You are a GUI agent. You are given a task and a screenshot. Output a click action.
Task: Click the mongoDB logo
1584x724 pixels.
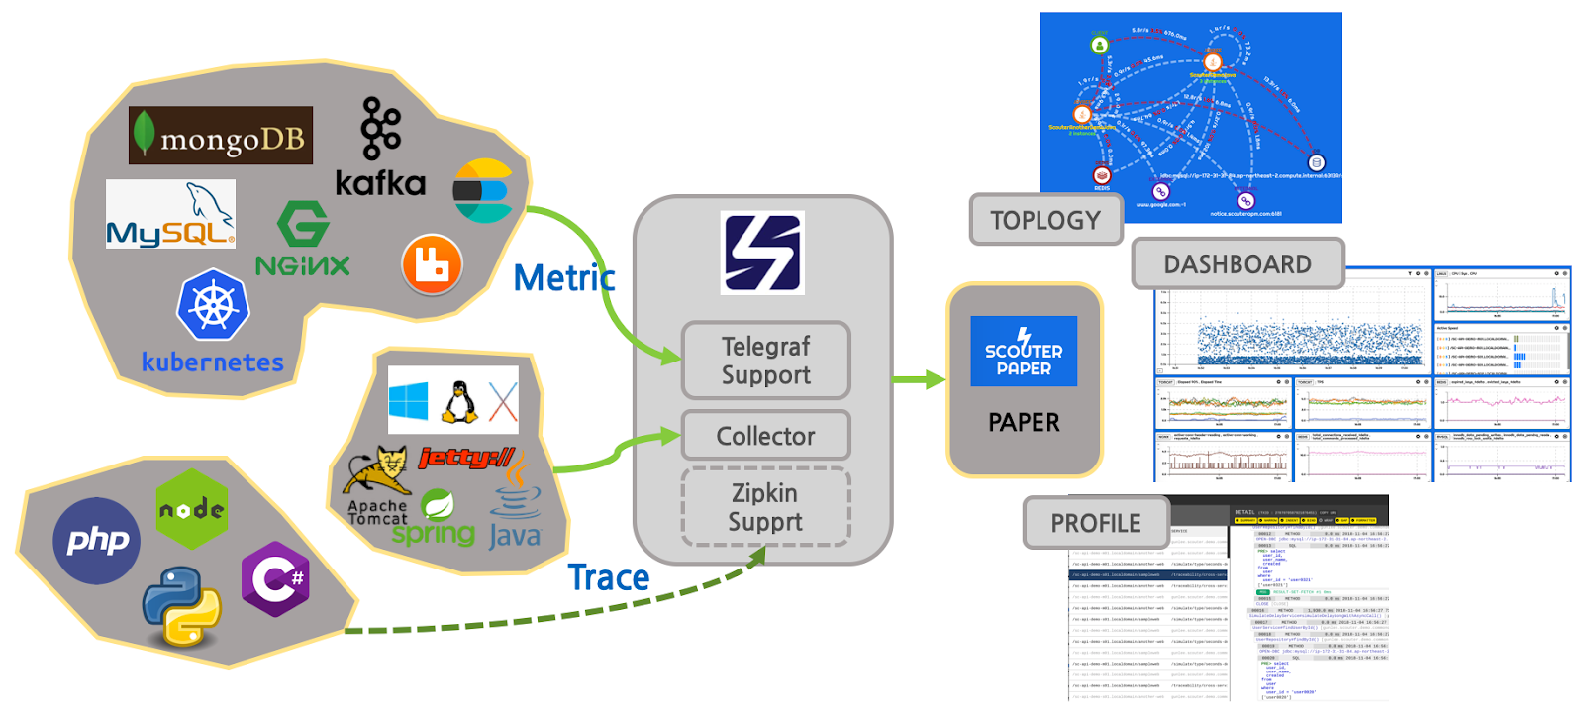tap(220, 136)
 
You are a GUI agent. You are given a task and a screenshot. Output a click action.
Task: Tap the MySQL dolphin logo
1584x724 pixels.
tap(170, 214)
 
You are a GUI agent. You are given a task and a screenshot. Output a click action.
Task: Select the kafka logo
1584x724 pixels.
tap(380, 149)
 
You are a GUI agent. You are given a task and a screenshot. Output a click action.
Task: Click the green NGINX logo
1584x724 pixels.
tap(302, 239)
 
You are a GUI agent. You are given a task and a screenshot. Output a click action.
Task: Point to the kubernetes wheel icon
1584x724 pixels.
tap(213, 304)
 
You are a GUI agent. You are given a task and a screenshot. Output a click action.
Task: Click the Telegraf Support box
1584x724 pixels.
tap(765, 361)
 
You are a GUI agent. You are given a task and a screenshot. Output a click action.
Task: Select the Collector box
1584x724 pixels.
tap(765, 436)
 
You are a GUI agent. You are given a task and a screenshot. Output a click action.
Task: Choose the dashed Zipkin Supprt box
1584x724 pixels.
tap(765, 507)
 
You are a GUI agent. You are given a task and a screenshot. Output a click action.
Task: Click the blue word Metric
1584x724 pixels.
tap(563, 278)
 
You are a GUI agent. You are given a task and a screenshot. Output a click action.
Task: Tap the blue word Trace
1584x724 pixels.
tap(608, 577)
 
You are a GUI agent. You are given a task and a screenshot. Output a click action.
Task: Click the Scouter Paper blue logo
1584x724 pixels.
tap(1024, 352)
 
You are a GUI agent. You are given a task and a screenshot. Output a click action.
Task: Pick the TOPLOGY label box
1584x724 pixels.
tap(1045, 220)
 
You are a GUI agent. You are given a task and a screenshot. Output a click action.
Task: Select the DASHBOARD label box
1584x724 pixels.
tap(1237, 264)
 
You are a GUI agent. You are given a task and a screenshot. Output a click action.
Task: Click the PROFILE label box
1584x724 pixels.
tap(1096, 523)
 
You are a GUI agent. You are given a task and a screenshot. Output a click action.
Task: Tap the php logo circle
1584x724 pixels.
tap(97, 541)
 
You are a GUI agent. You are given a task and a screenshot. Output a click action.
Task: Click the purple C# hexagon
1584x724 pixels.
tap(276, 578)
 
